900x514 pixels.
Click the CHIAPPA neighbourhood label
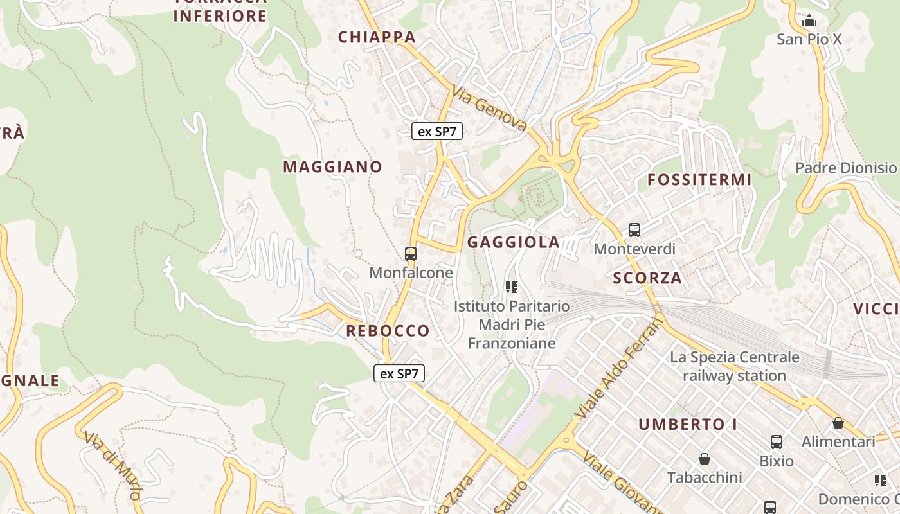pyautogui.click(x=377, y=37)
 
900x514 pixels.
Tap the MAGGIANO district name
pyautogui.click(x=332, y=167)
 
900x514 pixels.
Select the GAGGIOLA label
pyautogui.click(x=513, y=242)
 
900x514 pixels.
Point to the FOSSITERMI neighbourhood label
pyautogui.click(x=699, y=180)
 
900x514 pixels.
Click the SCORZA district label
pyautogui.click(x=647, y=278)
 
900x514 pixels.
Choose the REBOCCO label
pyautogui.click(x=388, y=331)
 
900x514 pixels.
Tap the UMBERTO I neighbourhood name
pyautogui.click(x=688, y=425)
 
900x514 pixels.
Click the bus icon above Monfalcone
pyautogui.click(x=411, y=254)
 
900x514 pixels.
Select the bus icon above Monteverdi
pyautogui.click(x=634, y=229)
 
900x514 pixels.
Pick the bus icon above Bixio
pyautogui.click(x=777, y=442)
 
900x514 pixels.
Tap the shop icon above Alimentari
pyautogui.click(x=838, y=423)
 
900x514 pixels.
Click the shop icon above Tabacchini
pyautogui.click(x=705, y=459)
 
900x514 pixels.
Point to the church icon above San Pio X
pyautogui.click(x=809, y=21)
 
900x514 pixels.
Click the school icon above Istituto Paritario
pyautogui.click(x=512, y=287)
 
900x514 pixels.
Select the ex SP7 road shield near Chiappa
pyautogui.click(x=437, y=132)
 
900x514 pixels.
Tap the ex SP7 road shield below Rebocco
pyautogui.click(x=399, y=373)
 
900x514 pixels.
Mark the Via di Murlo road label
pyautogui.click(x=113, y=466)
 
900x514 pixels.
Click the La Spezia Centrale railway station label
pyautogui.click(x=735, y=366)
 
